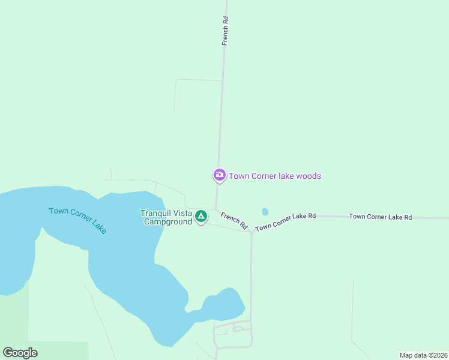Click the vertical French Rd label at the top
(x=226, y=31)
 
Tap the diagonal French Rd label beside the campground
(x=234, y=220)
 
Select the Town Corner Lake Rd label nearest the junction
(x=285, y=221)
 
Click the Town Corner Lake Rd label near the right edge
(x=380, y=217)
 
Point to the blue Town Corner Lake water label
(x=77, y=220)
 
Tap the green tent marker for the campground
(x=200, y=215)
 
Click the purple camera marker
(x=219, y=175)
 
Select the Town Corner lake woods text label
(x=275, y=176)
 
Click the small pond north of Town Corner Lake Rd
(x=265, y=211)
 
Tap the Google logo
(x=20, y=353)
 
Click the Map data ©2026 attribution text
(x=423, y=355)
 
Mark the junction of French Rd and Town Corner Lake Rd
(x=251, y=232)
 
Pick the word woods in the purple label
(x=310, y=176)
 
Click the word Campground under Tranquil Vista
(x=167, y=221)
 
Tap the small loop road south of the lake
(x=240, y=328)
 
